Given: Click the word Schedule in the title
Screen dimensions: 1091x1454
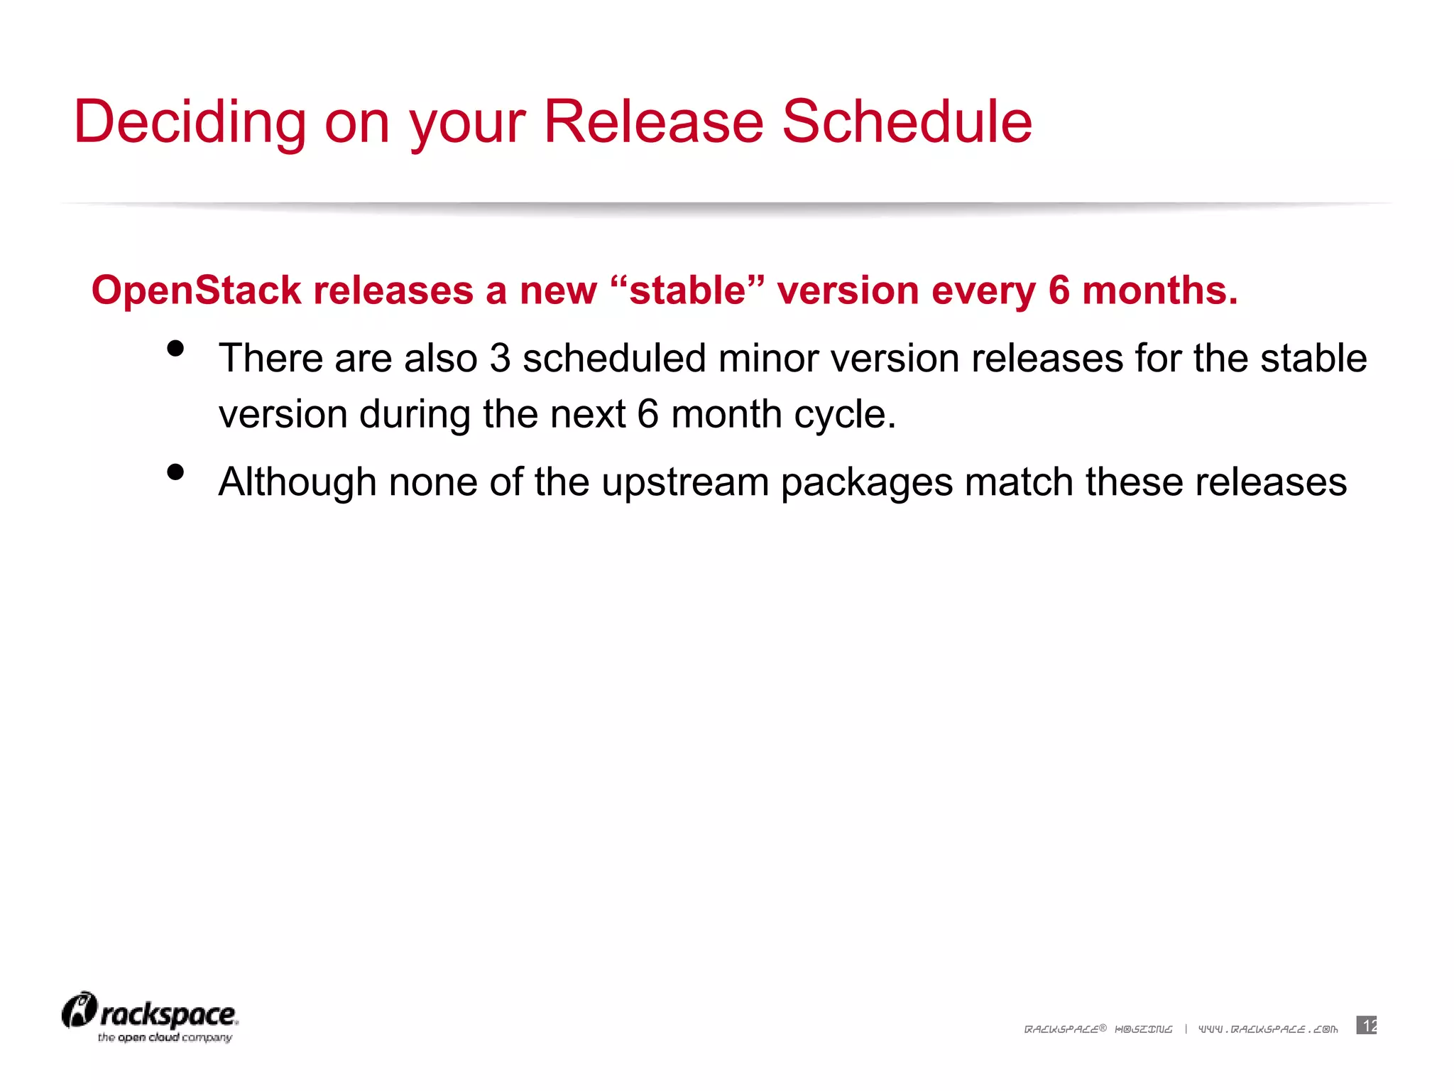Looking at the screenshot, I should tap(907, 122).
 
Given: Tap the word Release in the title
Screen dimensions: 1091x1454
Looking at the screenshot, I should tap(653, 122).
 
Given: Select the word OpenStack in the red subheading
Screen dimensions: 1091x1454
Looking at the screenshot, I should tap(196, 291).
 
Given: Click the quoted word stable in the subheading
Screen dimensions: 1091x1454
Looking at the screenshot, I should tap(687, 291).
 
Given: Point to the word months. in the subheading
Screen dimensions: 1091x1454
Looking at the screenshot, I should tap(1159, 291).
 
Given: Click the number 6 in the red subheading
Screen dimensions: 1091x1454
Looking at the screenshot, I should tap(1059, 291).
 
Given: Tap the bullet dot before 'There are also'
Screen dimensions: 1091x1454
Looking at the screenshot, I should tap(175, 349).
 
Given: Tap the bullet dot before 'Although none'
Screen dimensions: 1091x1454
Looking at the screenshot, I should tap(175, 472).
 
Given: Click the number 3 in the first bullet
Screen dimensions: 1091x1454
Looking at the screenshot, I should tap(500, 358).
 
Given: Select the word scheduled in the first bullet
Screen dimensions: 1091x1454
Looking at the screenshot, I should tap(614, 358).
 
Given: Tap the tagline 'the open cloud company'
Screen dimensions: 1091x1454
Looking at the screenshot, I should tap(165, 1038).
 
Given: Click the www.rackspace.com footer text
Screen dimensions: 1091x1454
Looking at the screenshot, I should tap(1267, 1029).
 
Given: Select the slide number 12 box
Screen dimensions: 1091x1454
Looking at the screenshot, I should tap(1366, 1025).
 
